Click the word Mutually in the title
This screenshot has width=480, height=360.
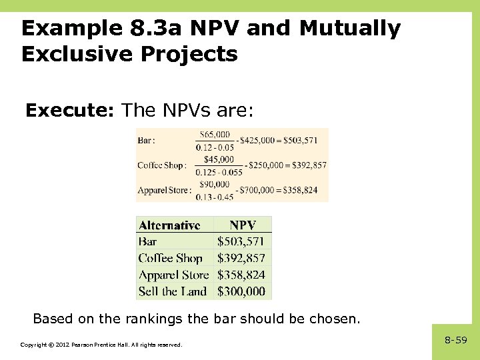(350, 28)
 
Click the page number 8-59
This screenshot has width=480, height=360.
(456, 340)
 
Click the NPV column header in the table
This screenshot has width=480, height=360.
(243, 225)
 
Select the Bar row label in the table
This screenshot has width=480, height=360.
(147, 241)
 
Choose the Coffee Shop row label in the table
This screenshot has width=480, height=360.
(170, 258)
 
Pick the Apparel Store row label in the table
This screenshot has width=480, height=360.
(173, 275)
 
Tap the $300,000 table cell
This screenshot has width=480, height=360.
(241, 291)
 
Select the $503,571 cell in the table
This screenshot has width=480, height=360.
(241, 241)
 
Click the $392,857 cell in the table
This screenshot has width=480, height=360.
(241, 258)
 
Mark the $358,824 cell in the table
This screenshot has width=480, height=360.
(241, 275)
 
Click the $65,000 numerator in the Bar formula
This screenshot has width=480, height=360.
(215, 135)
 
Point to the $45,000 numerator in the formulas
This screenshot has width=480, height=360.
(219, 159)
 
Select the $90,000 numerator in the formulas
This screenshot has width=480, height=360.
(214, 185)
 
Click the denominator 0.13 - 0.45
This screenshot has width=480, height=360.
(215, 196)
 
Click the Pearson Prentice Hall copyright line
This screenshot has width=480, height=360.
(101, 345)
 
